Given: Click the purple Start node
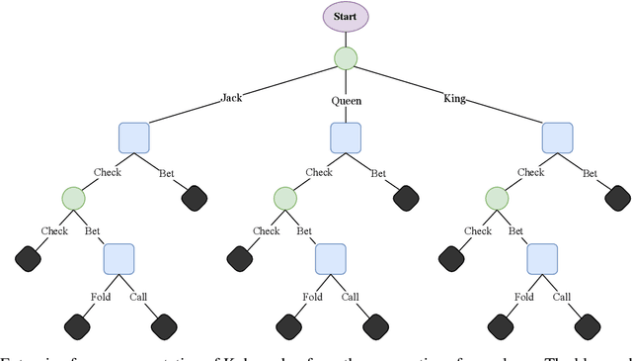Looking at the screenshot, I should click(x=345, y=17).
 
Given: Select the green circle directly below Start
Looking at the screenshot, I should click(x=345, y=58).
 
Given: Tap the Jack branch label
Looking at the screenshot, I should click(x=231, y=99).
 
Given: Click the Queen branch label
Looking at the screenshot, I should click(x=345, y=100).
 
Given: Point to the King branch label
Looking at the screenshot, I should click(x=455, y=99).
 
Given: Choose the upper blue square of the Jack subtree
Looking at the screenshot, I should click(x=133, y=137).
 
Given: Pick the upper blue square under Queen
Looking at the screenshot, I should click(x=345, y=137).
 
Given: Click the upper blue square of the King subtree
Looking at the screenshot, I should click(x=557, y=137).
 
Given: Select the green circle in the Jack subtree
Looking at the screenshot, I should click(x=73, y=198).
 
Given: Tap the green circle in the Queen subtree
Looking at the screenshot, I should click(x=284, y=198).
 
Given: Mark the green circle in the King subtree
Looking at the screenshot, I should click(x=497, y=198).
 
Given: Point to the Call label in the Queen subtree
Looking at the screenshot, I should click(x=351, y=296).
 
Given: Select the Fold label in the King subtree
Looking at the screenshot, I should click(x=524, y=296).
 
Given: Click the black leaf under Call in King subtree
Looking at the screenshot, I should click(x=588, y=324).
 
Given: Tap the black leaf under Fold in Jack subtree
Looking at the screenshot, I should click(x=77, y=324).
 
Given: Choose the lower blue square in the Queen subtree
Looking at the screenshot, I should click(x=330, y=259).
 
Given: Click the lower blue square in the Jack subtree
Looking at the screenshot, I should click(x=118, y=259).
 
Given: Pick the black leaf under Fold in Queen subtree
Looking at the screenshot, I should click(x=288, y=324).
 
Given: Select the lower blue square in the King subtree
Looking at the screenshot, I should click(x=542, y=259).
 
